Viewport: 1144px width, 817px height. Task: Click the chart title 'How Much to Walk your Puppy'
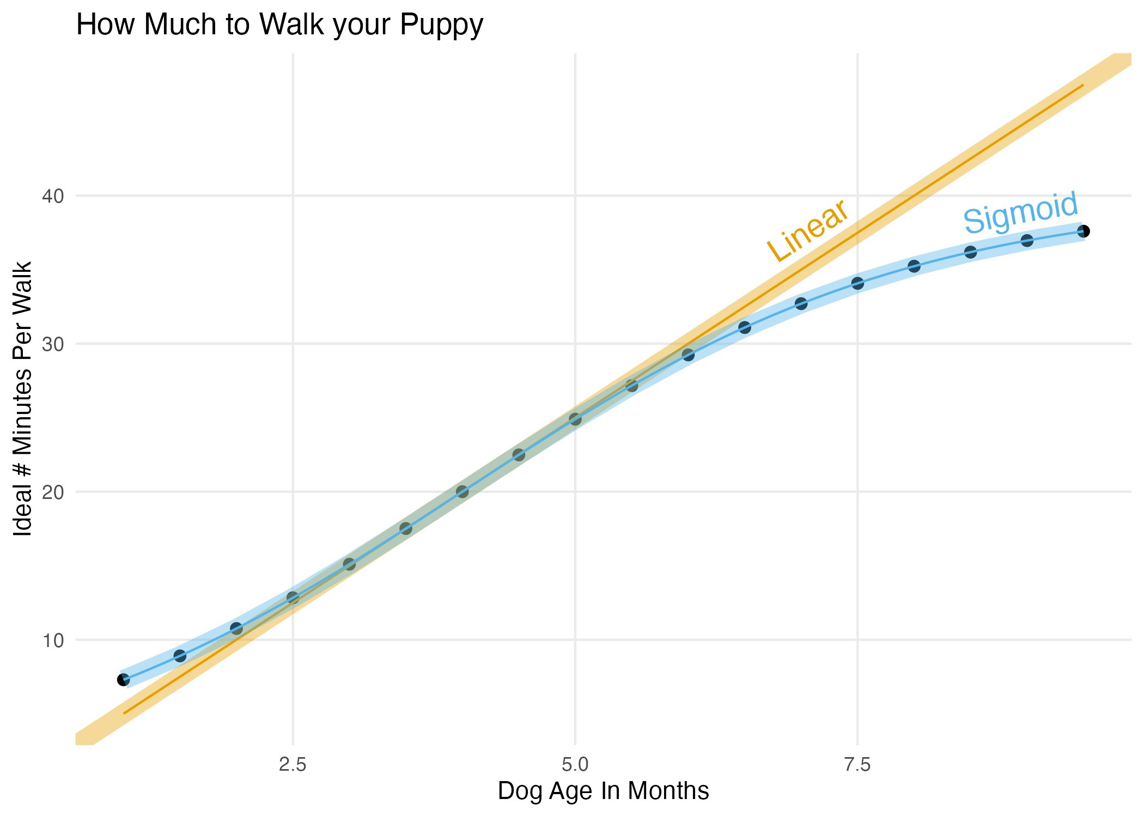(x=279, y=25)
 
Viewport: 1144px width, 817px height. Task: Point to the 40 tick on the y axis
(x=53, y=196)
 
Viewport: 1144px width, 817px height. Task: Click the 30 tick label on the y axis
(x=53, y=344)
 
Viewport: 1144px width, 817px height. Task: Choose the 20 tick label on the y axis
(x=53, y=492)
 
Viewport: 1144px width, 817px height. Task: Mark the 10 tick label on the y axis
(x=53, y=641)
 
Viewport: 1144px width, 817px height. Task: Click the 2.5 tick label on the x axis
(x=293, y=765)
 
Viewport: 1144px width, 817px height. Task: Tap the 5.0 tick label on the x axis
(x=575, y=765)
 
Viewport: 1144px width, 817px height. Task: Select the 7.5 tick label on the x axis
(x=857, y=765)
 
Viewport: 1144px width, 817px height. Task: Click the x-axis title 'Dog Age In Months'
(x=603, y=791)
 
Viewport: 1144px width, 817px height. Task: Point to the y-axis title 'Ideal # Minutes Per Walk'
(x=23, y=399)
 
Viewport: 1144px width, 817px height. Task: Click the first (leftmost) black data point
(x=124, y=680)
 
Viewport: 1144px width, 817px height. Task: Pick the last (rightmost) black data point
(x=1084, y=231)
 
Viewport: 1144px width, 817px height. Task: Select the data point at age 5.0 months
(x=575, y=419)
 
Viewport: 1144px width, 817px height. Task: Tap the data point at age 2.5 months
(x=293, y=597)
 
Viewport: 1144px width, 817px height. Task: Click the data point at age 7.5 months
(x=857, y=283)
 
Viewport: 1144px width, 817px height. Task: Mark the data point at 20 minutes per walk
(x=463, y=492)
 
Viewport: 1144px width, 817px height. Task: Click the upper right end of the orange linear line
(x=1083, y=86)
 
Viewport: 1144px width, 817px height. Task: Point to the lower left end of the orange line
(x=125, y=713)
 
